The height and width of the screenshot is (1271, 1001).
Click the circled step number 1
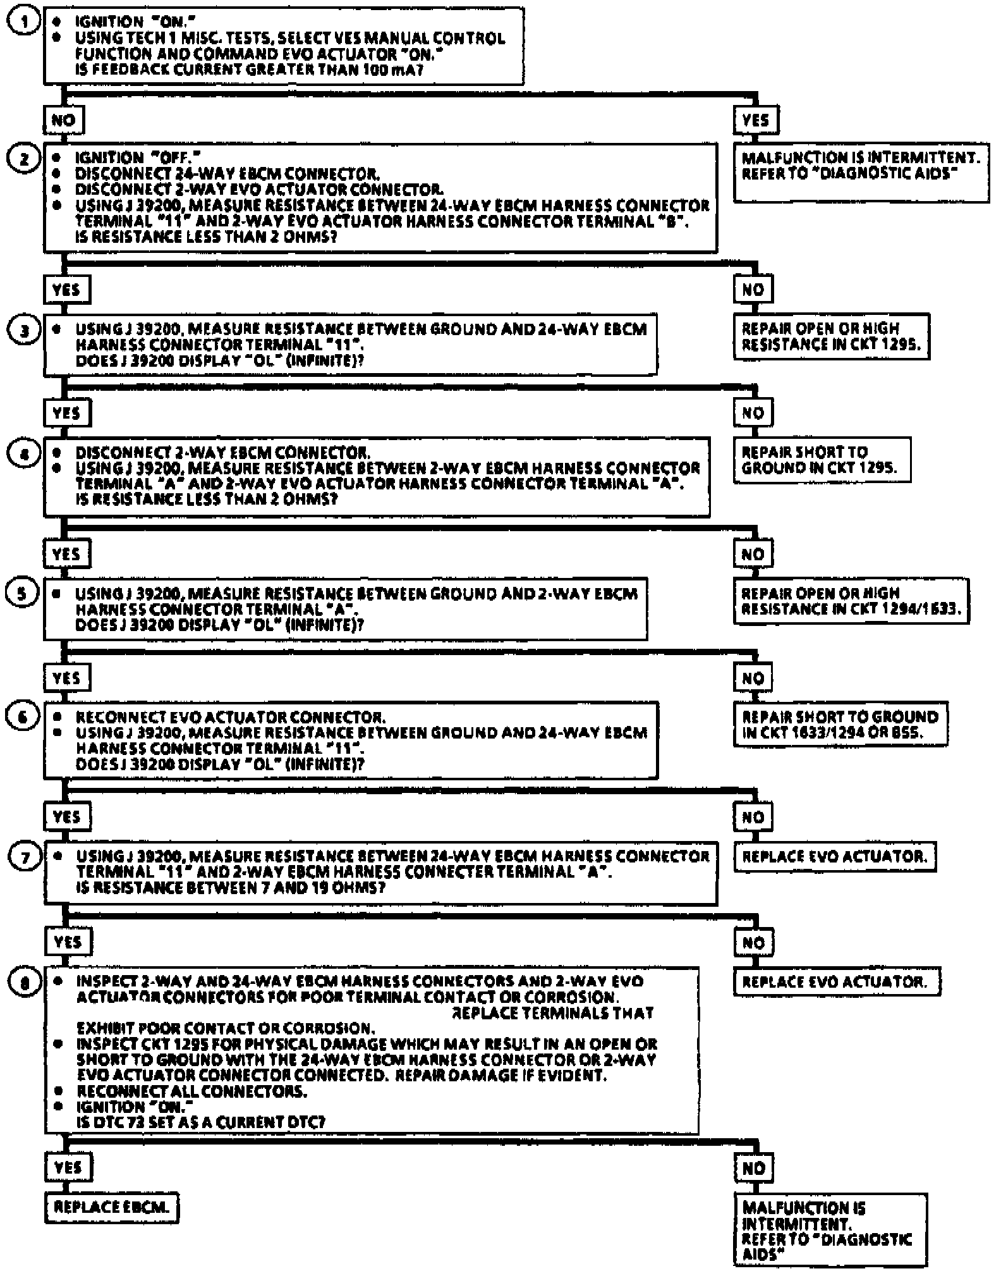pos(23,23)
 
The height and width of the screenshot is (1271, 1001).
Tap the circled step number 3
pos(23,330)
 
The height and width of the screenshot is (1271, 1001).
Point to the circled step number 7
pos(25,857)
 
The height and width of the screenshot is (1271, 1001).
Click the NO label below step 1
pos(63,120)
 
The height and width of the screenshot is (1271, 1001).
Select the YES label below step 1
pos(756,120)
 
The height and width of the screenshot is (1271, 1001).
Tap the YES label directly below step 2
pos(66,290)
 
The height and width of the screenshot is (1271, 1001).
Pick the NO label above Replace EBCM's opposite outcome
pos(753,1168)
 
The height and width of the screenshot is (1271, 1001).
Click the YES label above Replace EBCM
pos(68,1167)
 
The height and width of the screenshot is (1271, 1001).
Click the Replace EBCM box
pos(111,1207)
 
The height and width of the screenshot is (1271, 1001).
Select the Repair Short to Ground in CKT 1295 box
pos(822,460)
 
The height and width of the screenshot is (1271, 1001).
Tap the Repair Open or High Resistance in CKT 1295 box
pos(831,336)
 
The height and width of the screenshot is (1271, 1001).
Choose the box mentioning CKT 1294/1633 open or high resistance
pos(851,601)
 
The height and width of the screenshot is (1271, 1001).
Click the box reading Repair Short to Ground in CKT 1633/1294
pos(840,725)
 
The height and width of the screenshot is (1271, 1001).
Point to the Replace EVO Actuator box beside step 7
pos(834,857)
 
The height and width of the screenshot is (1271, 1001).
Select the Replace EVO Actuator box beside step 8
pos(837,982)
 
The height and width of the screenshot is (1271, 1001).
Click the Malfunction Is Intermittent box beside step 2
pos(861,172)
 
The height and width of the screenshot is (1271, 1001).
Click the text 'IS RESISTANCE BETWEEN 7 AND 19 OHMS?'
pos(231,888)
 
